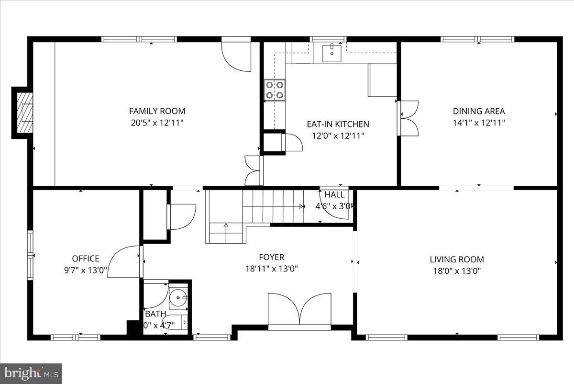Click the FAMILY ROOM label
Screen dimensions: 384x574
157,111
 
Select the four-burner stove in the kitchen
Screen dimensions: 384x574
275,90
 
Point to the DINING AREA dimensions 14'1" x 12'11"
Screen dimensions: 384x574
479,123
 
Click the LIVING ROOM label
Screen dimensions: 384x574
456,260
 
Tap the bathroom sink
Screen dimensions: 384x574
179,298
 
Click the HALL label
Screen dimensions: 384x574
334,195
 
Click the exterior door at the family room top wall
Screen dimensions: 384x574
236,56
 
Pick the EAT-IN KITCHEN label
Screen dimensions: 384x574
338,124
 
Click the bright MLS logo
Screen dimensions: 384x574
31,372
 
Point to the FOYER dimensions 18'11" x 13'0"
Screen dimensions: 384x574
272,269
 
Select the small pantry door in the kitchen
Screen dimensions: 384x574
292,142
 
